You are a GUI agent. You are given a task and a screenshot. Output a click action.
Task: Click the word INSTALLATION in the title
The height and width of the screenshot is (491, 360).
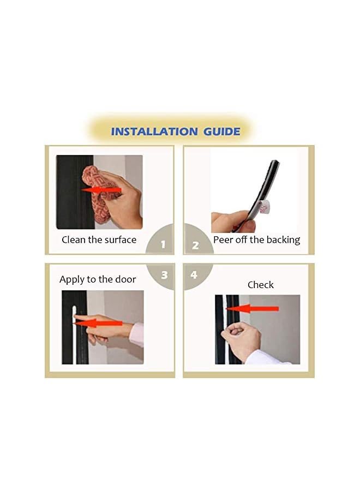(x=154, y=131)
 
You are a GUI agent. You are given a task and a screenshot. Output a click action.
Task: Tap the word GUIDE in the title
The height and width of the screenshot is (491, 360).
(x=222, y=131)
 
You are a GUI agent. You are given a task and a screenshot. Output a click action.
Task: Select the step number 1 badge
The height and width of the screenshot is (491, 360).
(x=161, y=241)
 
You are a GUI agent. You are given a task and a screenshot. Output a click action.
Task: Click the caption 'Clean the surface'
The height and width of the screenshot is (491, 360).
(x=99, y=240)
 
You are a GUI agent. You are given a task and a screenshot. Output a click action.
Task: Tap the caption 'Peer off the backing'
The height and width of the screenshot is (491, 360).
(x=257, y=240)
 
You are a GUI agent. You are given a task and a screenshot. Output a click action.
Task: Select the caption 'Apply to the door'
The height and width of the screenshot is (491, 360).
(x=98, y=279)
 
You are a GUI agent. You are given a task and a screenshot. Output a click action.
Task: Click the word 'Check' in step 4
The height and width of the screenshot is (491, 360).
(x=260, y=285)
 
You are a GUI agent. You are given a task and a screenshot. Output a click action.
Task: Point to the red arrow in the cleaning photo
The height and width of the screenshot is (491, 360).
(x=101, y=190)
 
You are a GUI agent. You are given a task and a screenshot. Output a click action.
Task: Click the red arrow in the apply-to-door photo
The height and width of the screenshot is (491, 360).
(x=99, y=323)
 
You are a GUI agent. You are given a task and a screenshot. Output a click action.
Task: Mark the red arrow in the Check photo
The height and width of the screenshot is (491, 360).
(x=253, y=309)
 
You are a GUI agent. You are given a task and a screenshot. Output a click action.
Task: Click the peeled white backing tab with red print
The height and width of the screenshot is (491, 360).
(x=264, y=207)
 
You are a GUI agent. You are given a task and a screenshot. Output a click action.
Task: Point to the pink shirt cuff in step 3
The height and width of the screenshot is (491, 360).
(x=137, y=334)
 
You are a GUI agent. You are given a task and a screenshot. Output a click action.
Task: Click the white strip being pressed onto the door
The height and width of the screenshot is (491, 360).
(x=74, y=335)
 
